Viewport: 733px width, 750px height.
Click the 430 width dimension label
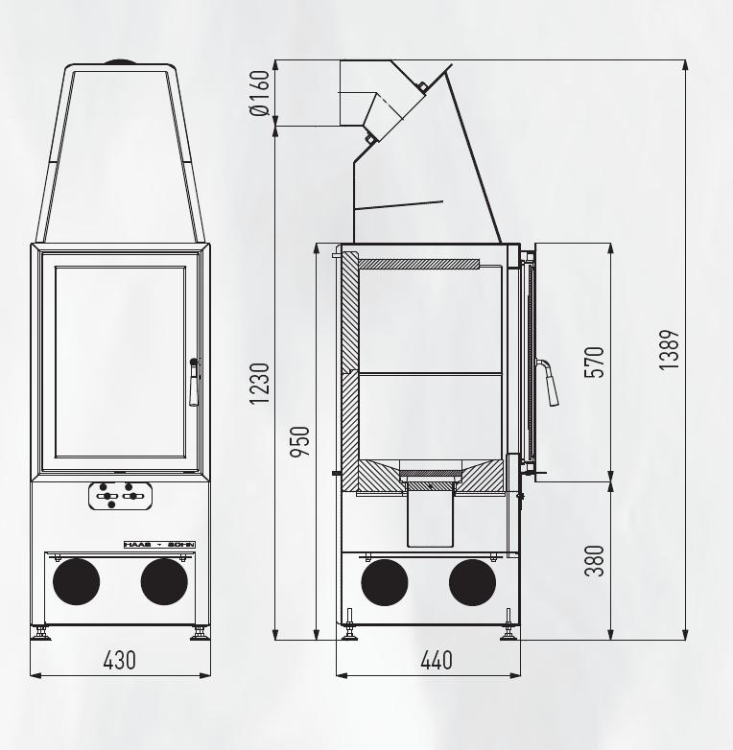(x=120, y=661)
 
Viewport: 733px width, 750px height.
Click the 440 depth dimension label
(x=436, y=661)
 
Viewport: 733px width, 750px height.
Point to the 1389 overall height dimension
(x=670, y=350)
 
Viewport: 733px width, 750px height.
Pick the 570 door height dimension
(x=595, y=362)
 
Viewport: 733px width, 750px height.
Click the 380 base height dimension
(x=595, y=561)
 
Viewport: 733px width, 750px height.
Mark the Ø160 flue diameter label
(x=258, y=93)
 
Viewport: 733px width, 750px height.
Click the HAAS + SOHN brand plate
(x=159, y=544)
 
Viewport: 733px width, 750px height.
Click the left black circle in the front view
(x=76, y=581)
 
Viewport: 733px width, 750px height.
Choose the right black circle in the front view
(x=164, y=581)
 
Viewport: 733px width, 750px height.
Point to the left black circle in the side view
(x=384, y=581)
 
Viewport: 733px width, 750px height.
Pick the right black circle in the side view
(x=472, y=581)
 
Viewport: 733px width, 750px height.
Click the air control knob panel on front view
(x=121, y=496)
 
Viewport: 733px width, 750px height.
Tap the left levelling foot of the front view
(x=40, y=633)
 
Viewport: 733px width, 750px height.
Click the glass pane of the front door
(x=120, y=363)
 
